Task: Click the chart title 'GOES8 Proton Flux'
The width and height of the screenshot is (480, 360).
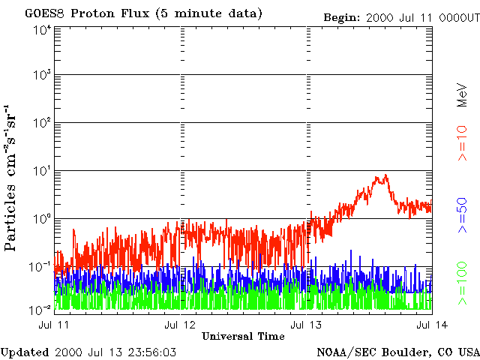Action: pos(87,13)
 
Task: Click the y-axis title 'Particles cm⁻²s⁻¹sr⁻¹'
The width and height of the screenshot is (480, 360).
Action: pos(10,178)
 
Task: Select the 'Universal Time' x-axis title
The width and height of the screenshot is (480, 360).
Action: pos(243,336)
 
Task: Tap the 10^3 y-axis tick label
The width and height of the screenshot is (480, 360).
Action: pos(41,75)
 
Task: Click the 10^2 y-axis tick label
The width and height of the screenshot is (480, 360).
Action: pos(41,123)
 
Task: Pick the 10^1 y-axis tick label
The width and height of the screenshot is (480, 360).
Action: pos(41,172)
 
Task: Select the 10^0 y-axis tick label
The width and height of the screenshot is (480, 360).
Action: pos(41,220)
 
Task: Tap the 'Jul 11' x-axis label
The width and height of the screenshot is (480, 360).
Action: pos(54,325)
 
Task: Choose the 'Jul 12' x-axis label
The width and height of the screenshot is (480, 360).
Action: pos(180,325)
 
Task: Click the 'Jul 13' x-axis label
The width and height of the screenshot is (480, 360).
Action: pos(306,325)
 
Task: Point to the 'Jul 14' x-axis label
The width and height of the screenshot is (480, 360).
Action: pos(432,325)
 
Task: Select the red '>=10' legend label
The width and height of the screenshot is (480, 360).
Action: pos(462,143)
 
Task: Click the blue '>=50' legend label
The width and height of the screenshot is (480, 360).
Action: pos(462,215)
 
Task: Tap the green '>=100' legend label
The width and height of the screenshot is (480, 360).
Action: pos(462,283)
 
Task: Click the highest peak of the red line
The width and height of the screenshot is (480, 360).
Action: pos(386,175)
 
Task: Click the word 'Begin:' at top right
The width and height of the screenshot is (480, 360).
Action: pos(342,18)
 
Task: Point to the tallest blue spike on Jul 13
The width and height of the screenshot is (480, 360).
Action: pos(350,250)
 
